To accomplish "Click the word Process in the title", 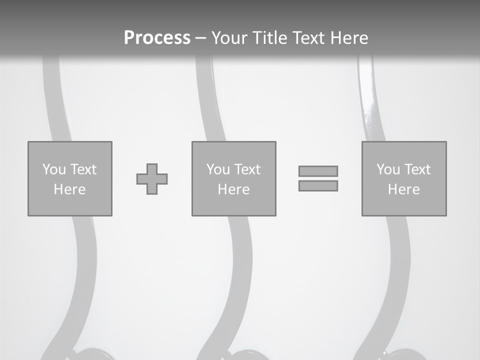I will [157, 38].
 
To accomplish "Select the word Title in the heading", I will [271, 38].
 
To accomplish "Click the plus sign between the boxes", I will [152, 179].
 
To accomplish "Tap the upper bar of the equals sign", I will [318, 171].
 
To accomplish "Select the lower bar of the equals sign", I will [318, 186].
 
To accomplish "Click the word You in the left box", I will [54, 169].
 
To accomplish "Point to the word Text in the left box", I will [83, 169].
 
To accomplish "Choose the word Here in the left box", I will [69, 189].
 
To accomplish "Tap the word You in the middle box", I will [218, 169].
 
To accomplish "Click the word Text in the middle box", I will [247, 169].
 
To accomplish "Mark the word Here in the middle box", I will [233, 189].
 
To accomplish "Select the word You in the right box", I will [388, 169].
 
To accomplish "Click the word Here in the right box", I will [403, 189].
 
